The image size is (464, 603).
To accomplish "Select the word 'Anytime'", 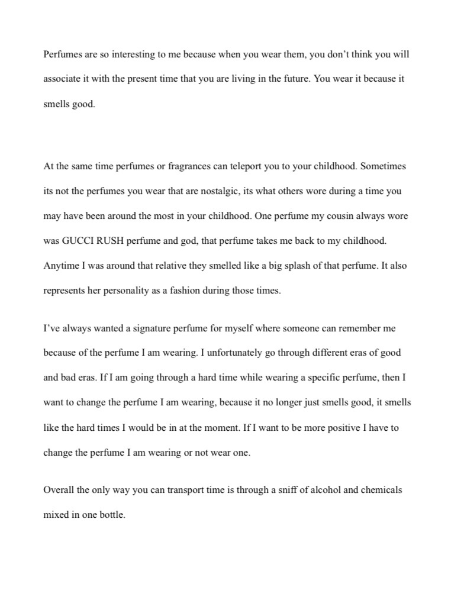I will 60,266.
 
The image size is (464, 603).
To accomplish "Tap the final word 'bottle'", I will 112,515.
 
